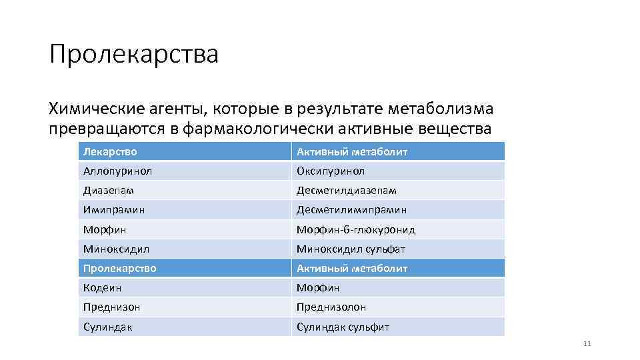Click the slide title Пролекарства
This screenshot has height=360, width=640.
click(x=133, y=55)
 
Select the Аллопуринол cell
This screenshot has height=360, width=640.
click(x=117, y=171)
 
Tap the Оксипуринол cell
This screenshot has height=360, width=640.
click(x=331, y=171)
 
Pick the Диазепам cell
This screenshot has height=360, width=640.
click(x=109, y=191)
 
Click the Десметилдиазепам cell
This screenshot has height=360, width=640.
click(x=347, y=191)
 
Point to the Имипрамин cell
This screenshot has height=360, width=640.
click(x=114, y=210)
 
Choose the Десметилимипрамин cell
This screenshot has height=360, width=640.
click(x=351, y=210)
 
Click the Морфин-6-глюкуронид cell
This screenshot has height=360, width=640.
click(x=356, y=230)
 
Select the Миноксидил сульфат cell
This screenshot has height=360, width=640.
click(x=351, y=249)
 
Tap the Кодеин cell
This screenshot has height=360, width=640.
click(x=103, y=288)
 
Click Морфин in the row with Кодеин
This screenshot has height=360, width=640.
click(x=318, y=288)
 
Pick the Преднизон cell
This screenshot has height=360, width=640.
click(x=112, y=307)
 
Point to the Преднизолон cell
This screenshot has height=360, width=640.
click(x=331, y=307)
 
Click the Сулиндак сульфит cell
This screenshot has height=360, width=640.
click(x=343, y=327)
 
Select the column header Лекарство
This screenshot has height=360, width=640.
click(x=110, y=152)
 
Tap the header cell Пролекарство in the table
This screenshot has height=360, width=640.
click(x=120, y=269)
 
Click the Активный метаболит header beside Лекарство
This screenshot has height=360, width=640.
click(x=352, y=152)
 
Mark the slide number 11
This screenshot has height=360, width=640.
click(x=587, y=344)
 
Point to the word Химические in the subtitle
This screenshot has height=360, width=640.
click(x=93, y=108)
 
